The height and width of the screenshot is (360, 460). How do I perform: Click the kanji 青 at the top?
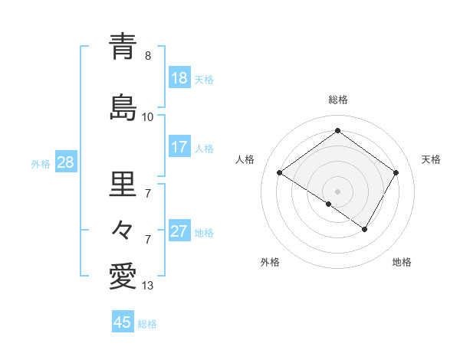coord(123,47)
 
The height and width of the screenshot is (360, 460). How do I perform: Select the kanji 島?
coord(123,106)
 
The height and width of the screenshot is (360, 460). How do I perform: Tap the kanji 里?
coord(123,183)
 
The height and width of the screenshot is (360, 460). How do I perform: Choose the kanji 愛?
coord(123,277)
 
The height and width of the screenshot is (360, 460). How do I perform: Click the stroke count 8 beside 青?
coord(148,56)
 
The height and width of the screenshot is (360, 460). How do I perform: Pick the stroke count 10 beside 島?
coord(148,116)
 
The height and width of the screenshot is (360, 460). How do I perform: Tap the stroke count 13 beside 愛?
coord(148,286)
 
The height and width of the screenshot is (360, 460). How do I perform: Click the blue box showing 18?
coord(179,77)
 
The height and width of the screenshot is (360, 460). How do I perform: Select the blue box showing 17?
coord(179,146)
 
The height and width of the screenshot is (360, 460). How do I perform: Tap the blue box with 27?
coord(179,231)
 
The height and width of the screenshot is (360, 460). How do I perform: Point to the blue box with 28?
coord(65,162)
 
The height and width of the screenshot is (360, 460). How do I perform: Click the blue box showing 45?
coord(123,322)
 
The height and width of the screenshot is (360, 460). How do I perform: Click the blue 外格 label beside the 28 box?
coord(41,163)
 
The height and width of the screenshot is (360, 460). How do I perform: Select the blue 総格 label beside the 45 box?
coord(147,324)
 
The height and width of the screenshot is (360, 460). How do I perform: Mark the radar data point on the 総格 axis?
coord(337,131)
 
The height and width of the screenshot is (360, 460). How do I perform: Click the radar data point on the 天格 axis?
coord(396,173)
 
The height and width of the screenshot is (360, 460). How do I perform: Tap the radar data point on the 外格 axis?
coord(329,204)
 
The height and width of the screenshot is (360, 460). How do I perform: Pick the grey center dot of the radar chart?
coord(337,191)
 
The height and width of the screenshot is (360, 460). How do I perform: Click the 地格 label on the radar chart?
coord(402,263)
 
